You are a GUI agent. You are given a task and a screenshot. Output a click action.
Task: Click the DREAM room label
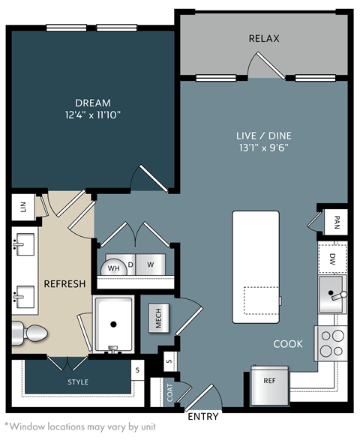pos(93,103)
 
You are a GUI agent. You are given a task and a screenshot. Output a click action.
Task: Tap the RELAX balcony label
pos(264,38)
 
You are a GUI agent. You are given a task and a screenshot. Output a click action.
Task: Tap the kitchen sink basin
pos(330,292)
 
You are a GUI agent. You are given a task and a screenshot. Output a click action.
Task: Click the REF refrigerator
pos(269,380)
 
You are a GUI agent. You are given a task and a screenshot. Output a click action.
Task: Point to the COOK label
pos(288,344)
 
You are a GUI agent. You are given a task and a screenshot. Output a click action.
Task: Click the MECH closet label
pos(158,319)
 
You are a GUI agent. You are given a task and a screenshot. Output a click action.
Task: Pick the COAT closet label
pos(169,393)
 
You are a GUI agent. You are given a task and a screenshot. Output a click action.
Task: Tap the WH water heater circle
pos(114,267)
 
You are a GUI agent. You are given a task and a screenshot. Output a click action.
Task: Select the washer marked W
pos(150,265)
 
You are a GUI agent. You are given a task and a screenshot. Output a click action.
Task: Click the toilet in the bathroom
pos(31,331)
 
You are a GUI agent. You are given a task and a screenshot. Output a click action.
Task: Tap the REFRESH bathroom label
pos(64,284)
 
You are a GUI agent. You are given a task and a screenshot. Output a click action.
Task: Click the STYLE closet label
pos(78,382)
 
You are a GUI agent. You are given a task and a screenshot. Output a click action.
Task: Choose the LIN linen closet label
pos(22,208)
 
